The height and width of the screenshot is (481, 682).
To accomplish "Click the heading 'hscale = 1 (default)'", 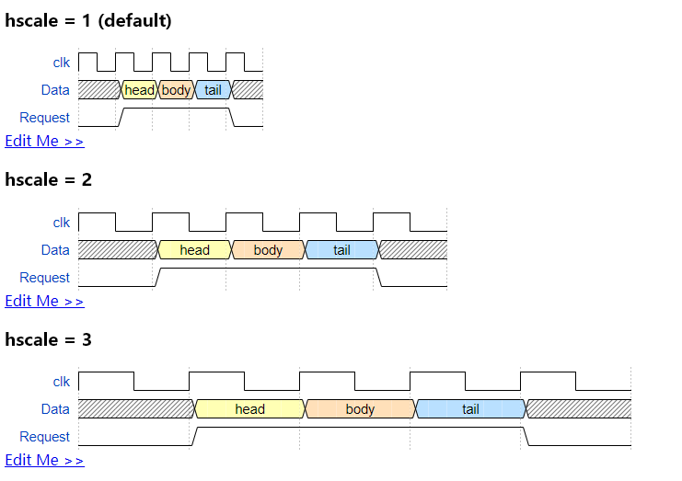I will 88,20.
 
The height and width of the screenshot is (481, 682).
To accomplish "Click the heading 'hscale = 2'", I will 49,179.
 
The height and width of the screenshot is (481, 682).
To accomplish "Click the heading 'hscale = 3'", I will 49,339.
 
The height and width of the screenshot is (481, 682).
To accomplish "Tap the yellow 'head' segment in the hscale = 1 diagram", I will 139,90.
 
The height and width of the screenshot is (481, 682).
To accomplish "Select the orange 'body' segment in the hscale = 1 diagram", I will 176,90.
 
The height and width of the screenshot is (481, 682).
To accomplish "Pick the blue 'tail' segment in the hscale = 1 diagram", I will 213,90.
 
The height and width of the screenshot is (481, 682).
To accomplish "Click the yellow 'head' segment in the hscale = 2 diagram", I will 194,250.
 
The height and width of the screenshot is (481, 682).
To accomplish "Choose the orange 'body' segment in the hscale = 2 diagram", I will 268,250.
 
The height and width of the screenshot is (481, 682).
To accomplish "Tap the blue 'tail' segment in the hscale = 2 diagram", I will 341,250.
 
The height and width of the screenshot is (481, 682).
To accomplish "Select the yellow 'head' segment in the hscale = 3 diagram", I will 249,409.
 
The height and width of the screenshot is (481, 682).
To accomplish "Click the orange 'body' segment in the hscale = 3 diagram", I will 360,409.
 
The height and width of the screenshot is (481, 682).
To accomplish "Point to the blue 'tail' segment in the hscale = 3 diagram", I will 470,409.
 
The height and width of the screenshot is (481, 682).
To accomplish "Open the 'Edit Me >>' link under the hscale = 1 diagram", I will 44,141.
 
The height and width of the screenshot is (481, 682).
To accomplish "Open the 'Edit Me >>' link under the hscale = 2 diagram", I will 44,301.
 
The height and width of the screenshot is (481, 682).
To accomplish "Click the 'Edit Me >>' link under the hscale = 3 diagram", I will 44,460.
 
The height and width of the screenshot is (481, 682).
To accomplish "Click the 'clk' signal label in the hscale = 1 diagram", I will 61,63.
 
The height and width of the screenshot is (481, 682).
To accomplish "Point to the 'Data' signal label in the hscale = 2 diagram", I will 55,250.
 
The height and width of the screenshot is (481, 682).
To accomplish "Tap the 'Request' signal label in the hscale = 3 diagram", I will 44,437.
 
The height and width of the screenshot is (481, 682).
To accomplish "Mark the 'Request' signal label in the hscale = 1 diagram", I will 44,118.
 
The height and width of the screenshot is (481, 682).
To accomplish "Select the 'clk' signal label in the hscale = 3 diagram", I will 61,382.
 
